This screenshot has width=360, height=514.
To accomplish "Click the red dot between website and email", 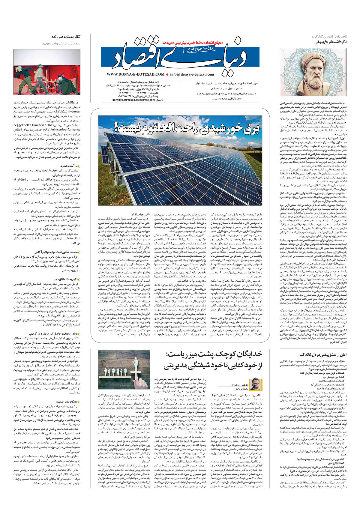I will pos(167,75).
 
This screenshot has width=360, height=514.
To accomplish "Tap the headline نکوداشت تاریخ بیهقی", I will pos(330,42).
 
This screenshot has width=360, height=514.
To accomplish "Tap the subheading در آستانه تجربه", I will pos(69,166).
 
